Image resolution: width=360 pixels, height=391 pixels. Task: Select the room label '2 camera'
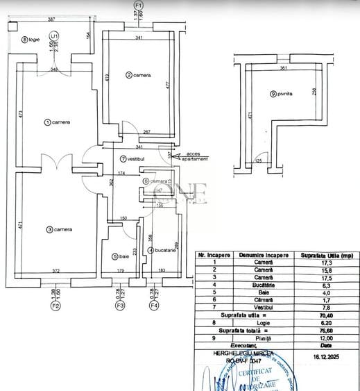tap(137, 74)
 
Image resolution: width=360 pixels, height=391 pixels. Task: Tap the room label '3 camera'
tap(59, 229)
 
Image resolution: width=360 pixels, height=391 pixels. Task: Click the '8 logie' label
tap(31, 40)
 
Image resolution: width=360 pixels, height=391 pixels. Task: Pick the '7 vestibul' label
tap(132, 159)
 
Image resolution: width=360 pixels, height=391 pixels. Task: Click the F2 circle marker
tap(56, 304)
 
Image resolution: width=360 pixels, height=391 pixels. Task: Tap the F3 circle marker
tap(120, 304)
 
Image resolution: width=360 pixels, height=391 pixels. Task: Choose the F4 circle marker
tap(155, 304)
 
